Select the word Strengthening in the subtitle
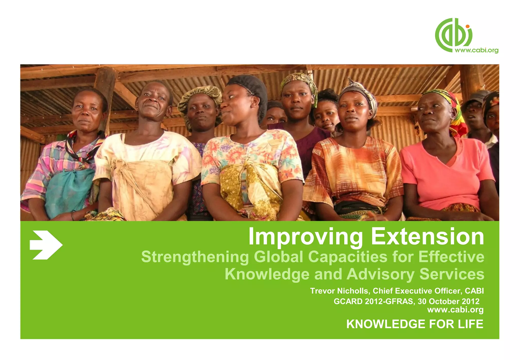click(195, 257)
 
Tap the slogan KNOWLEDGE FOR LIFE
click(415, 324)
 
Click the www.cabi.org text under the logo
click(476, 50)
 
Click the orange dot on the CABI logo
click(467, 26)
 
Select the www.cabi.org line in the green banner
click(455, 310)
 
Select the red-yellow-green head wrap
click(454, 107)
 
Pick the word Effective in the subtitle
click(451, 257)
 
